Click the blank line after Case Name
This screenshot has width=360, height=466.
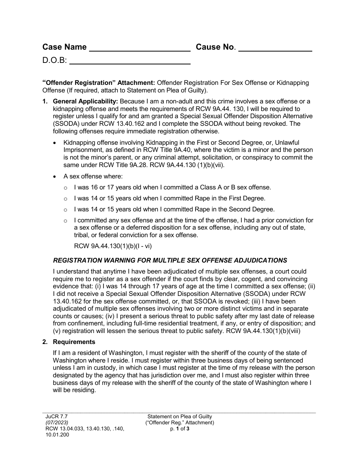pyautogui.click(x=139, y=48)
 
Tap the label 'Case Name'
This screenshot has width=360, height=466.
pyautogui.click(x=64, y=47)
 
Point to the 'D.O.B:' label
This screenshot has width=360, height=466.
pyautogui.click(x=55, y=60)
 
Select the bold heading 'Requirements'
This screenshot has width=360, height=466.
pyautogui.click(x=74, y=342)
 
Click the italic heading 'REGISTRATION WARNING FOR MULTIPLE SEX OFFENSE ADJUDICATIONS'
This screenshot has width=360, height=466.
pyautogui.click(x=170, y=260)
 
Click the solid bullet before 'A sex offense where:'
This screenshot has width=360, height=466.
pyautogui.click(x=55, y=177)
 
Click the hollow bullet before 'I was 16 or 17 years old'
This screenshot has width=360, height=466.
pyautogui.click(x=66, y=188)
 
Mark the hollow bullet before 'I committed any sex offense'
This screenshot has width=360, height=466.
pyautogui.click(x=66, y=221)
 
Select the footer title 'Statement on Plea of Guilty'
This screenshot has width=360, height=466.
pyautogui.click(x=180, y=416)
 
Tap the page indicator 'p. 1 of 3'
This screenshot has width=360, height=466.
pyautogui.click(x=180, y=428)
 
